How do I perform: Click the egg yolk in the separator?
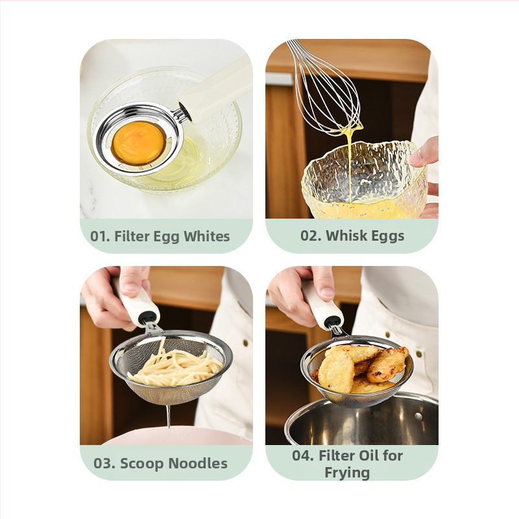(x=139, y=143)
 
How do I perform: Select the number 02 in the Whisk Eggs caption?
(x=311, y=235)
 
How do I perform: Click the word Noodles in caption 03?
(x=198, y=463)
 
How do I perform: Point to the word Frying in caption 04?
(x=347, y=473)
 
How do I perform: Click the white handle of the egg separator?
(x=216, y=90)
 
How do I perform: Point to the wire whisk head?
(x=326, y=88)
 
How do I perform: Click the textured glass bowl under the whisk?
(x=364, y=180)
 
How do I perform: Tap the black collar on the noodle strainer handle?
(x=147, y=318)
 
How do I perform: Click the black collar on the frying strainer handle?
(x=333, y=320)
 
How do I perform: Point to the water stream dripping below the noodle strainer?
(x=169, y=416)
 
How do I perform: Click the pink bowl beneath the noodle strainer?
(x=175, y=436)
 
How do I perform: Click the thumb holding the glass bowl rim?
(x=424, y=153)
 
